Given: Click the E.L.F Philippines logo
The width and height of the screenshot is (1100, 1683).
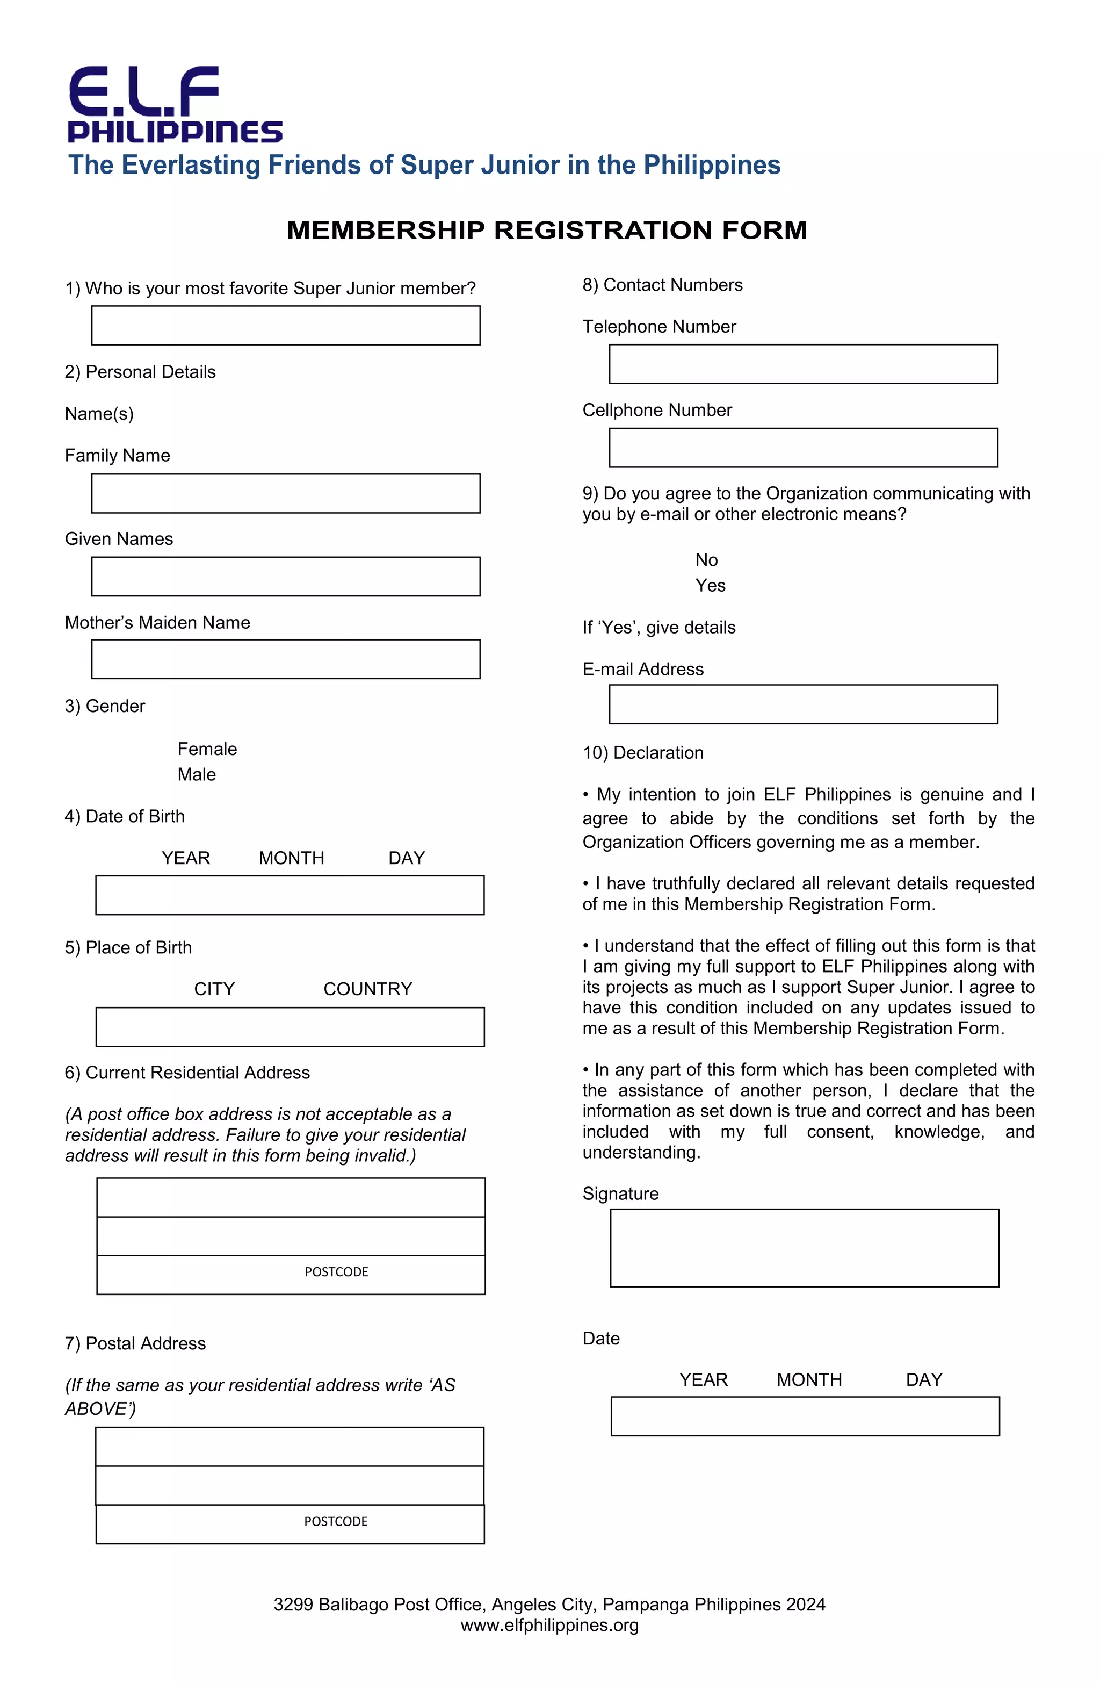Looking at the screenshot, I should (x=175, y=105).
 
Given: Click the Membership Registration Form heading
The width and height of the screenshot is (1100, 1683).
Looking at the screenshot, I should (x=546, y=230).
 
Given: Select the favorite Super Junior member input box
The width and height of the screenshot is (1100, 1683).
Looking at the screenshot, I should (x=286, y=325).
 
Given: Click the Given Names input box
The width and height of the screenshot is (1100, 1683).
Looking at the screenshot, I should (x=286, y=577).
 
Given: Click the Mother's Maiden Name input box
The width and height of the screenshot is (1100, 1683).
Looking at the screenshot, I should (x=286, y=659).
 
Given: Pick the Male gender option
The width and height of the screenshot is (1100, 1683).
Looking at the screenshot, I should (x=197, y=774).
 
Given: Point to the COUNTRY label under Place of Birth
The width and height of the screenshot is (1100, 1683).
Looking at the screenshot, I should (x=367, y=989).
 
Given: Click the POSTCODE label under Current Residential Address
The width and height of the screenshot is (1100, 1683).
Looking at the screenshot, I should (x=337, y=1271).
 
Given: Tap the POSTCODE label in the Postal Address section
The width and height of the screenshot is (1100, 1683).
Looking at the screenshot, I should (x=336, y=1521).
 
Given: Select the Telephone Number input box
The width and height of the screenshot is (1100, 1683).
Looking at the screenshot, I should (x=803, y=364).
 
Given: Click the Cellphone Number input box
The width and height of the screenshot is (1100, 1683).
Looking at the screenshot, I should (x=803, y=448).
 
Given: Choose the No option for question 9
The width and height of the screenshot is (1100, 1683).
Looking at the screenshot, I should (x=706, y=560).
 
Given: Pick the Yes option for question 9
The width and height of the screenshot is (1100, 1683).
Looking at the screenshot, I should (x=710, y=586).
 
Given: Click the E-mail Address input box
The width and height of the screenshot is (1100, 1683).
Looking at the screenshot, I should (x=803, y=704).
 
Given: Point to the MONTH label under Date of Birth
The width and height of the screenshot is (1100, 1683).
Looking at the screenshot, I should (x=291, y=858).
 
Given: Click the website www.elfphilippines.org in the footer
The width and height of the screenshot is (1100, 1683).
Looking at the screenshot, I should (x=549, y=1625).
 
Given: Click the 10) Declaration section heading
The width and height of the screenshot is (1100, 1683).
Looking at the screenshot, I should (x=642, y=752).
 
